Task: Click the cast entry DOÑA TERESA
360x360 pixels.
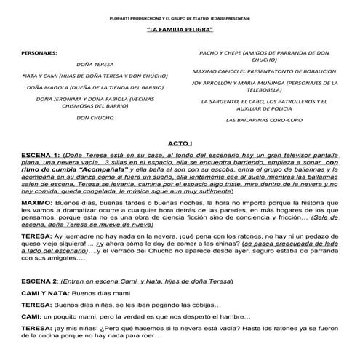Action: [92, 64]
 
